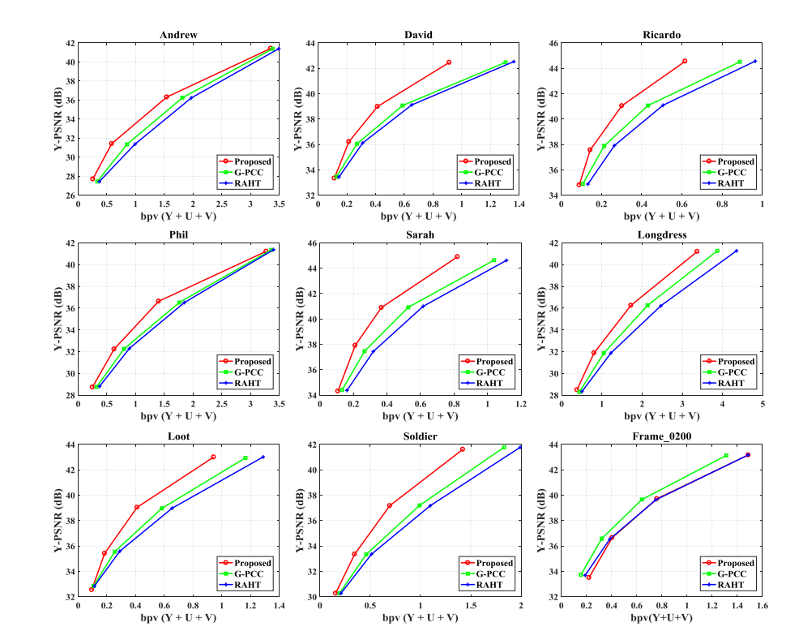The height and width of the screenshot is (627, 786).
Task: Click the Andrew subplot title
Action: click(x=178, y=35)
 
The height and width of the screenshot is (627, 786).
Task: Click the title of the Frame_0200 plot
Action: click(x=661, y=436)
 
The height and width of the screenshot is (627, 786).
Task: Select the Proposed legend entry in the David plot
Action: click(x=492, y=161)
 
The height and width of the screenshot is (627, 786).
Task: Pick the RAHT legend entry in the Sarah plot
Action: click(x=489, y=383)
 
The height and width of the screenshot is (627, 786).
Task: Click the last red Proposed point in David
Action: click(x=448, y=62)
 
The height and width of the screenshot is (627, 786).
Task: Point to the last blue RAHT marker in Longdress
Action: click(x=736, y=251)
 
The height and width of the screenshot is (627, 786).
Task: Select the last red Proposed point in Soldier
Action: click(x=462, y=449)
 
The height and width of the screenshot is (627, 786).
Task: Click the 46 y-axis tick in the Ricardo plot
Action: click(x=550, y=43)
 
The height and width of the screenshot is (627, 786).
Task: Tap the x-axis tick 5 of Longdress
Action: click(x=763, y=403)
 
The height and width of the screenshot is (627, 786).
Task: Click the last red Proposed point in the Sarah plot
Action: click(x=457, y=256)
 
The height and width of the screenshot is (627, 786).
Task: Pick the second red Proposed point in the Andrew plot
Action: click(x=112, y=144)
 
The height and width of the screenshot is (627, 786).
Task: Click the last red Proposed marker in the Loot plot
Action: click(x=213, y=457)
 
